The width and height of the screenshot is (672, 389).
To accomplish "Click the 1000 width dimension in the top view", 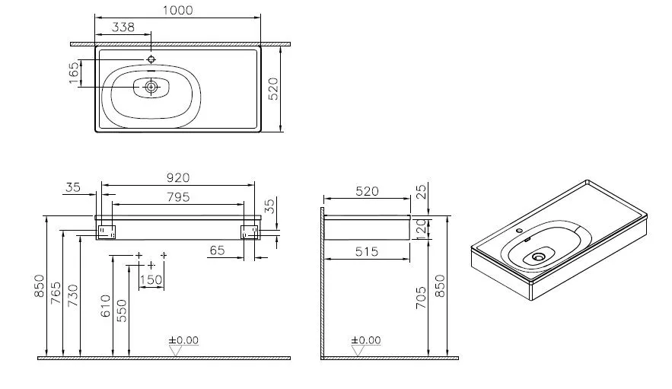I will tap(177, 11).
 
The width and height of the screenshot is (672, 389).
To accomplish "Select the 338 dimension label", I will tap(123, 27).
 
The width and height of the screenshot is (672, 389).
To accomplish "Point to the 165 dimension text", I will tap(74, 74).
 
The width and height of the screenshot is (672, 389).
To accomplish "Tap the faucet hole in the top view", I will tap(151, 59).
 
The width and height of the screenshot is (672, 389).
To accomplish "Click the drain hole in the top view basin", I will tap(151, 88).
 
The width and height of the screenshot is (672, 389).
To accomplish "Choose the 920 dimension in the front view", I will tap(177, 178).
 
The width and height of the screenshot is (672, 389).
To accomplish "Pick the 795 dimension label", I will tap(177, 196).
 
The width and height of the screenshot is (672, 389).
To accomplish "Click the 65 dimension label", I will tap(218, 249).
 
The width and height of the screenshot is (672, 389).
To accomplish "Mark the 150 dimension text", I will tap(151, 281).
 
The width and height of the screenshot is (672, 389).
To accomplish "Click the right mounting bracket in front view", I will tap(250, 232).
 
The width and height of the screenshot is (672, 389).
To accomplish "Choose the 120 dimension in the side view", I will tap(422, 228).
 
